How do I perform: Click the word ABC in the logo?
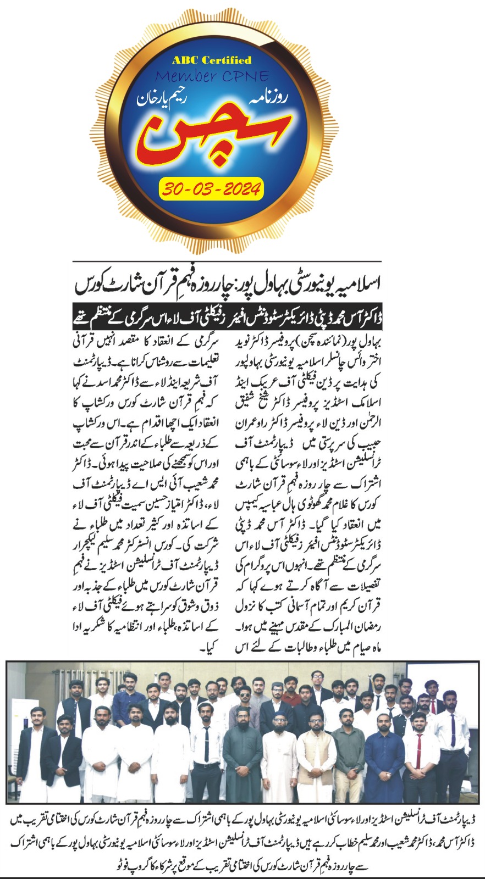pyautogui.click(x=186, y=60)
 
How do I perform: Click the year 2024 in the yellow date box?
pyautogui.click(x=238, y=190)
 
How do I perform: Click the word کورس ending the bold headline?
pyautogui.click(x=91, y=285)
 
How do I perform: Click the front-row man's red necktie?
pyautogui.click(x=418, y=747)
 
